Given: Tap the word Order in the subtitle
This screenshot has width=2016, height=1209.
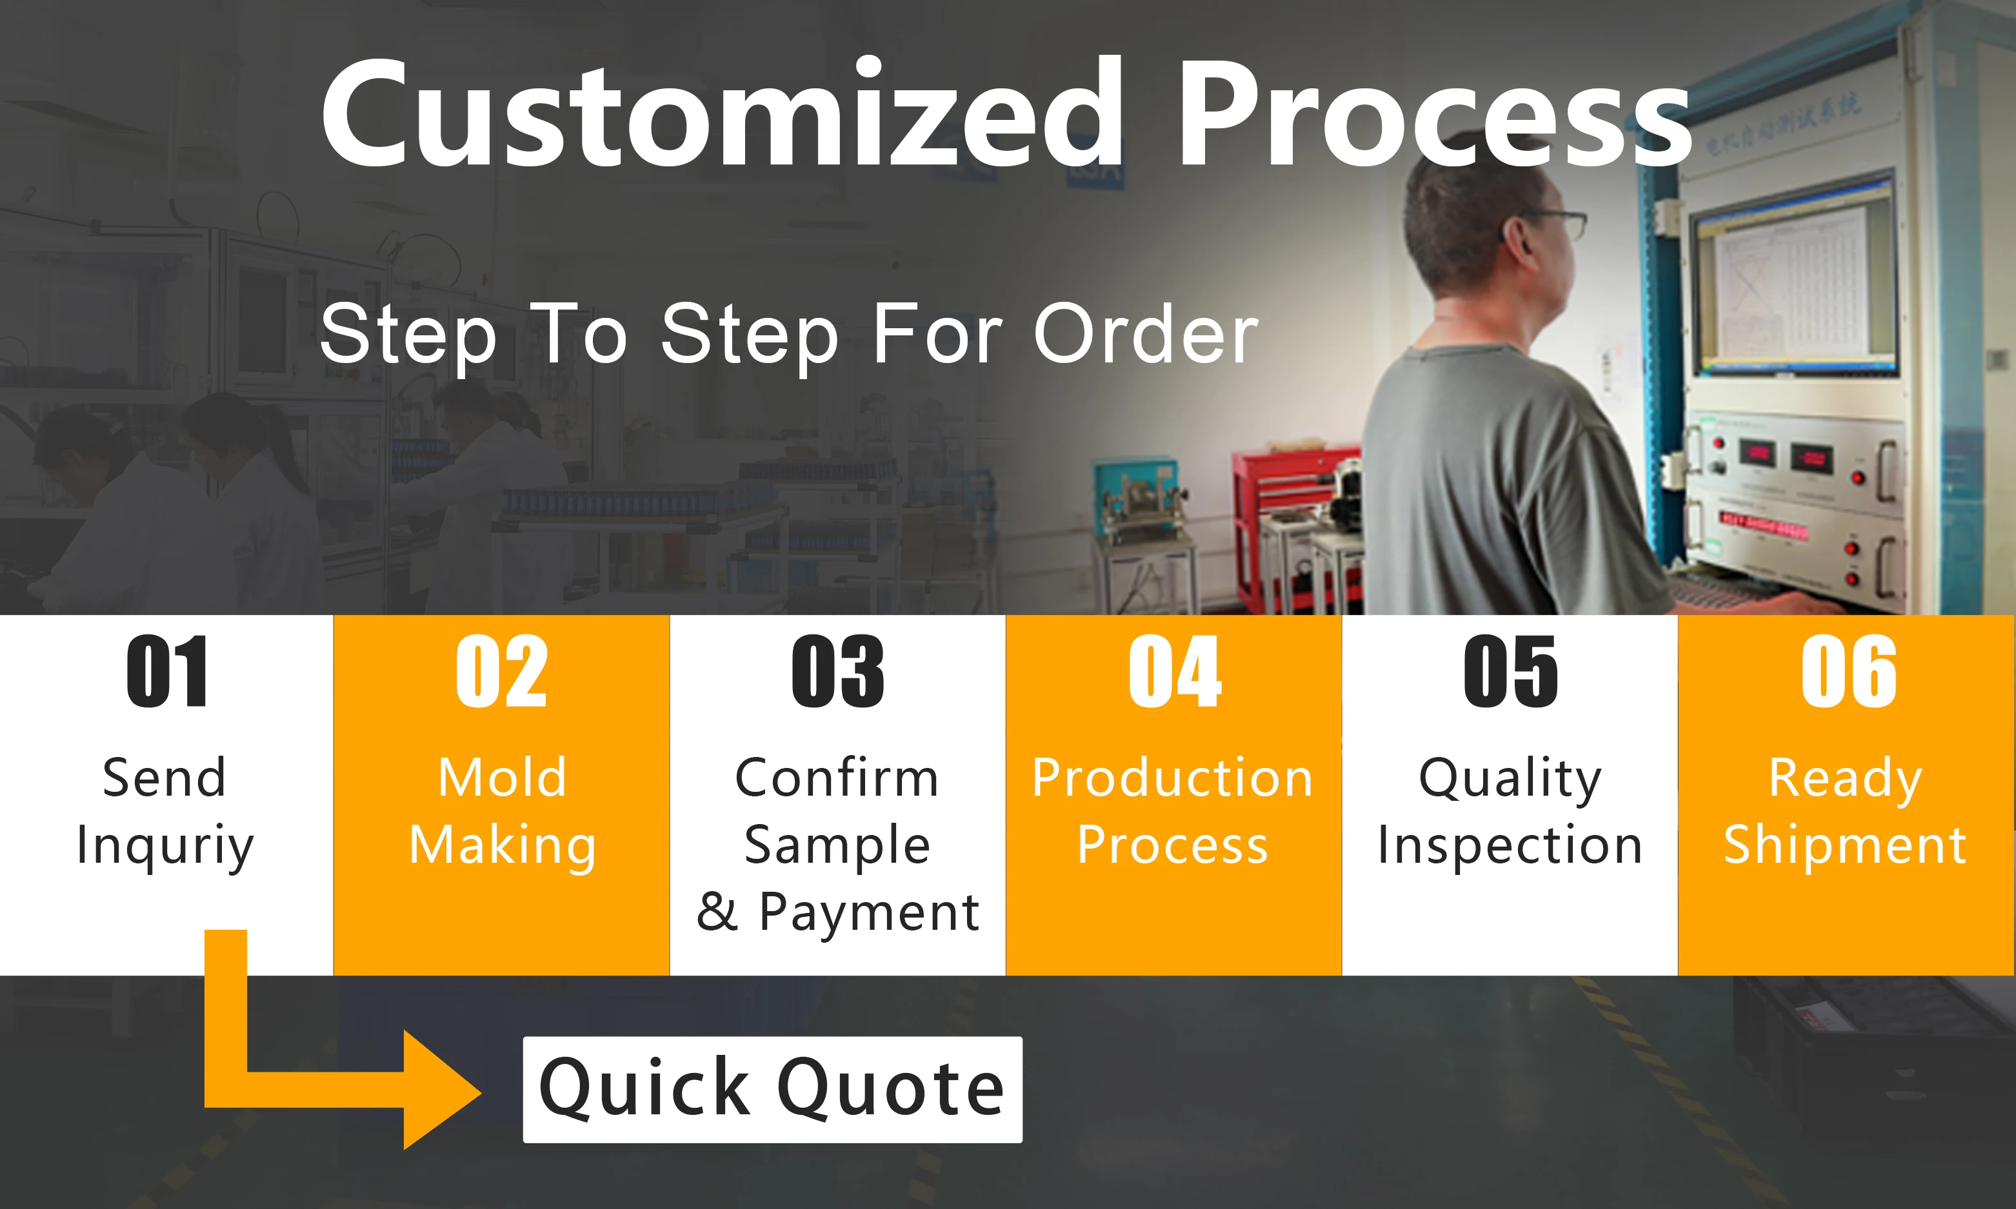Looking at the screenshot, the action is [1146, 333].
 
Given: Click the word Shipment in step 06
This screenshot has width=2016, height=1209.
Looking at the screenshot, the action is [1846, 845].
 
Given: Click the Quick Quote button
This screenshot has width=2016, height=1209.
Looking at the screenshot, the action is [772, 1089].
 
